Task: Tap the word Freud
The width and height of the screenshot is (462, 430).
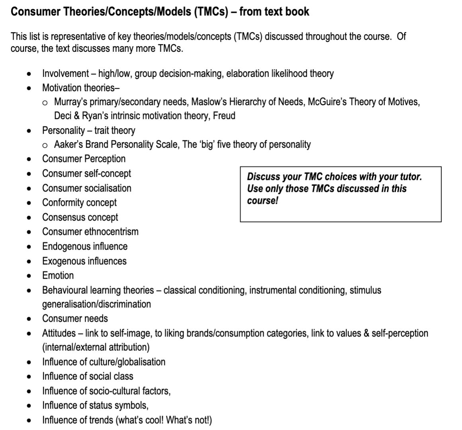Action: (224, 116)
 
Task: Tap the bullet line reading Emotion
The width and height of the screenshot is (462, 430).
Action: (58, 276)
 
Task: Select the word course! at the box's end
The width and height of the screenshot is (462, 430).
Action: (262, 201)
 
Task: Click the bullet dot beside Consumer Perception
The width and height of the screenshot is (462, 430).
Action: (29, 159)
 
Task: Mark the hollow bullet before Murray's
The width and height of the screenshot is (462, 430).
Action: (46, 103)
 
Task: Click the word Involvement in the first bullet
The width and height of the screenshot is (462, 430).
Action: (66, 74)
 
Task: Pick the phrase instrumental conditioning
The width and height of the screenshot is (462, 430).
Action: (298, 290)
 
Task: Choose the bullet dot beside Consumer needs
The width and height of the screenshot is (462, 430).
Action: (29, 319)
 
